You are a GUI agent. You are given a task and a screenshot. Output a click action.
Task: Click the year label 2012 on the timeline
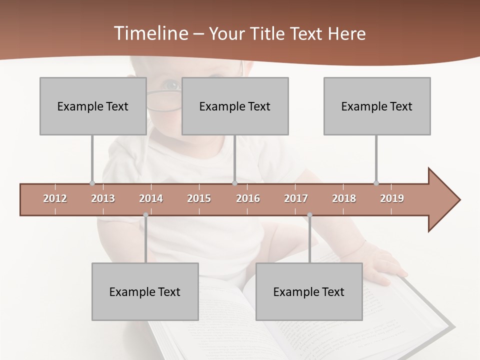(x=55, y=198)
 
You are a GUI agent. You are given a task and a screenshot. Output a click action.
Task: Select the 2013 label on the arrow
(x=103, y=198)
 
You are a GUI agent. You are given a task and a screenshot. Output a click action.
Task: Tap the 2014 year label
(x=151, y=198)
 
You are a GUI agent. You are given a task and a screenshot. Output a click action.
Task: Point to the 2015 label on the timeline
(x=199, y=198)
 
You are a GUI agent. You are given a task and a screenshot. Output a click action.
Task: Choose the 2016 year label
(x=248, y=198)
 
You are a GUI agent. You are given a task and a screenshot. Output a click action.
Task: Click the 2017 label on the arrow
(x=296, y=198)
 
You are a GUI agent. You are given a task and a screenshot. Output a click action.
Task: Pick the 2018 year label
(x=344, y=198)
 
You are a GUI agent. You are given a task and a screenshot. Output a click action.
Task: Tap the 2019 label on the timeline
(x=392, y=198)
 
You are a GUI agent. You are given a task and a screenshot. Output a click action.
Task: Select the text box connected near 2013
(x=93, y=106)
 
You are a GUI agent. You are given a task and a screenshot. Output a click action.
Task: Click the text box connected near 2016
(x=235, y=106)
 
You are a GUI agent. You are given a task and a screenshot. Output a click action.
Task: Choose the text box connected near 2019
(x=377, y=106)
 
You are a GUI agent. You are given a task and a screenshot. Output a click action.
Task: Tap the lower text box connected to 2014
(x=145, y=291)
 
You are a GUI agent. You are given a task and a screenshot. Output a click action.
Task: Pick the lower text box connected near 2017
(x=309, y=291)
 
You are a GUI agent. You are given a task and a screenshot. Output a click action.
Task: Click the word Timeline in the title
(x=150, y=33)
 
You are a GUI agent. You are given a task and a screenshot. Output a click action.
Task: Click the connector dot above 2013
(x=92, y=183)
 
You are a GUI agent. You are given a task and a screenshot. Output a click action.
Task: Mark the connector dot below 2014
(x=145, y=215)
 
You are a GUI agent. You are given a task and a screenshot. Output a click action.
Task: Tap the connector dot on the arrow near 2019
(x=376, y=183)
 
